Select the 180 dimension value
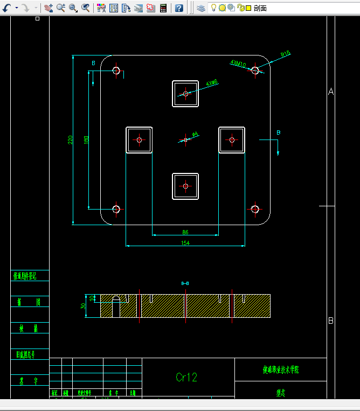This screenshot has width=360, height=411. coord(86,140)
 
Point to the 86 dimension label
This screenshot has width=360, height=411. coord(185,232)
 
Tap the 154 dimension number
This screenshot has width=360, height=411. coord(185,243)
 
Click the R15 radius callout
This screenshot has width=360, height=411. coord(286,54)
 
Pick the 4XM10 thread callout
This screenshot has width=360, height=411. coord(238,64)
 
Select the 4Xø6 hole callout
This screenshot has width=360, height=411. coord(212,83)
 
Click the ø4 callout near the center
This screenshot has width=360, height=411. coord(195,134)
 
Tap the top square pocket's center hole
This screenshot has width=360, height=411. coord(185,94)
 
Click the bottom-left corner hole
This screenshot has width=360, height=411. coord(116,209)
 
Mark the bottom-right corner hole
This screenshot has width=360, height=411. coord(255,209)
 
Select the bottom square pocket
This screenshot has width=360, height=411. coord(185,186)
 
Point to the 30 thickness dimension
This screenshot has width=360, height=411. coord(84,306)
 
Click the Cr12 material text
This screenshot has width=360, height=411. coord(186,377)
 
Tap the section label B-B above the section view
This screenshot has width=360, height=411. coord(185,283)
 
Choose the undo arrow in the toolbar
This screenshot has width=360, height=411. coord(7,8)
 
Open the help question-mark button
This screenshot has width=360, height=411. coord(179,8)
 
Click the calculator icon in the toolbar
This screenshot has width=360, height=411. coord(163,8)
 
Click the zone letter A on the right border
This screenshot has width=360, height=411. coord(331,92)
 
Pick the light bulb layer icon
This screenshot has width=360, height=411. coord(213,8)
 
